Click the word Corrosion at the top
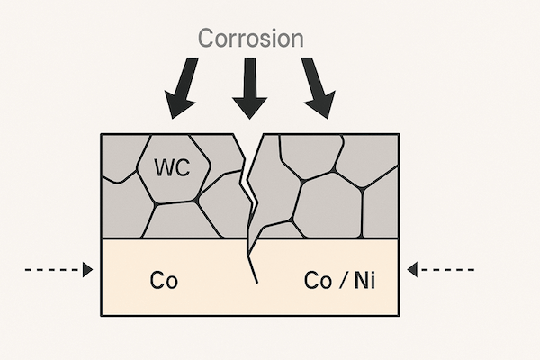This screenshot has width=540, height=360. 250,39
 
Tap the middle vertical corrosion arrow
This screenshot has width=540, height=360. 249,88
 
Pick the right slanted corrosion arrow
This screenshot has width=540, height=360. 316,88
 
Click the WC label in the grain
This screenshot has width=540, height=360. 172,167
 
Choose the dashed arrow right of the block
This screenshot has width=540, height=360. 440,269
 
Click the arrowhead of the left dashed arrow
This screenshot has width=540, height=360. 87,269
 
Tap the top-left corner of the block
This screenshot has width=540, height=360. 102,134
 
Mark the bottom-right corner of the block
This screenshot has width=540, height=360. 399,315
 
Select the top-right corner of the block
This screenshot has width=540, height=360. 399,134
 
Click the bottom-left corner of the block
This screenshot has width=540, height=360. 102,315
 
